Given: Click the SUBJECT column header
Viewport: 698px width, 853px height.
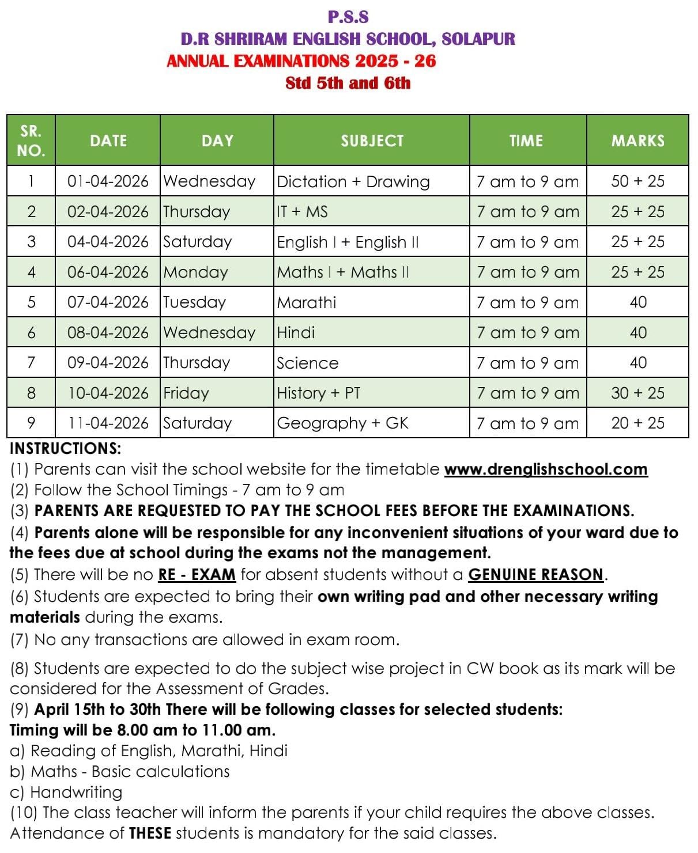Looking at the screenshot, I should point(372,141).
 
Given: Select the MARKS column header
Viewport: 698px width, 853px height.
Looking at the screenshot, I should point(637,141).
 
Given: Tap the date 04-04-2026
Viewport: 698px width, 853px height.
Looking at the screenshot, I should point(108,242).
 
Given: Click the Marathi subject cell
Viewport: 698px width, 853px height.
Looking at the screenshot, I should point(307,302).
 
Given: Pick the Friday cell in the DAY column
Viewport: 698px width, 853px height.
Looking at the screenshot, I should point(186,393).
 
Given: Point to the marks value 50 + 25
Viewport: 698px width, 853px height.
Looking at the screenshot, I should point(637,181).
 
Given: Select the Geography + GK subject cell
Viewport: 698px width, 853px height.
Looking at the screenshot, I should point(342,423).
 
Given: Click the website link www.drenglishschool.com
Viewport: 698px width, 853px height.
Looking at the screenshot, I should point(546,469).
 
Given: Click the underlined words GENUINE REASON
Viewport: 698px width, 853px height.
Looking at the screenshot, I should point(535,575).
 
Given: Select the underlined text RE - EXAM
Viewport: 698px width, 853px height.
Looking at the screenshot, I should point(197,575).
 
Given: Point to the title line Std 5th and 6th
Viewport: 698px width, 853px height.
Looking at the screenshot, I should point(348,83).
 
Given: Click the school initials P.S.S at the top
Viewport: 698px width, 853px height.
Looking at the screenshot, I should point(348,17).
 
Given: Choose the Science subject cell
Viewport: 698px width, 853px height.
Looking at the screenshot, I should point(308,363).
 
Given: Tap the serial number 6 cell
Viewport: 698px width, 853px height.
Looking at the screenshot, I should point(31,332).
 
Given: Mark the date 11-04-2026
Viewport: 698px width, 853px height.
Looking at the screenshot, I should point(108,423).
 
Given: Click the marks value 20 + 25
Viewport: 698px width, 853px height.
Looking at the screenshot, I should point(637,423).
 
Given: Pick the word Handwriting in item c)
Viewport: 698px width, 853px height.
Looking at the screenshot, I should point(76,793).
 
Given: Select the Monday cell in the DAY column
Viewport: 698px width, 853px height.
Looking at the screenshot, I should point(196,272).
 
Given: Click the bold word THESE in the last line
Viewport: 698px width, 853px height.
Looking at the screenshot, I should point(150,833).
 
